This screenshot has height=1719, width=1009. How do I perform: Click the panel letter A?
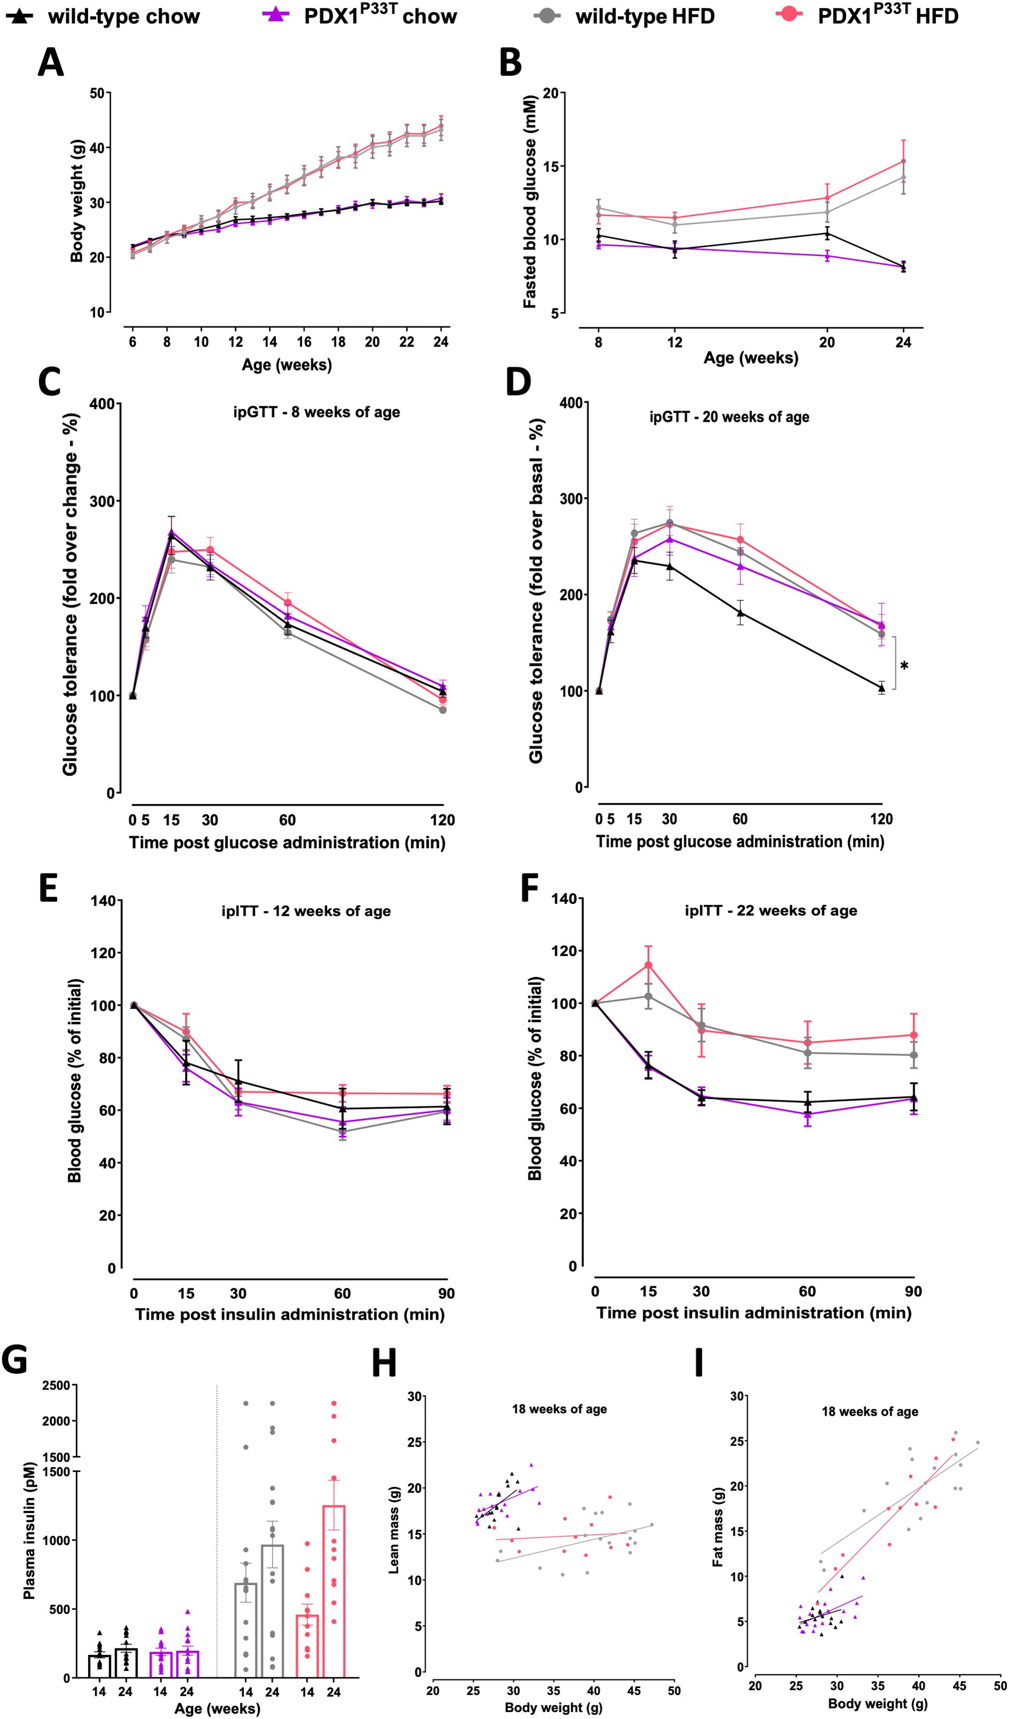click(51, 63)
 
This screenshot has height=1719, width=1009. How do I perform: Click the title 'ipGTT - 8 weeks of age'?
click(316, 412)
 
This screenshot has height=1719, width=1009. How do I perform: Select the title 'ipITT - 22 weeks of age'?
click(771, 910)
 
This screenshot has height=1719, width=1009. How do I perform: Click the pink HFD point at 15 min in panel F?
click(648, 965)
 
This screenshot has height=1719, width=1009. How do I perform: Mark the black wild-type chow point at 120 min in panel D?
click(882, 688)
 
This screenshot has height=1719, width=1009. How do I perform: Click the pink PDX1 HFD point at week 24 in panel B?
click(903, 161)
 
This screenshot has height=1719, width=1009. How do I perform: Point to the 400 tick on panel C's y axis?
click(102, 404)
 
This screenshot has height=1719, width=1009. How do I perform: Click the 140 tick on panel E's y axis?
click(103, 901)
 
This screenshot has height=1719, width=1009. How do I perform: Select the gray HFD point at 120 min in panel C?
click(443, 710)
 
